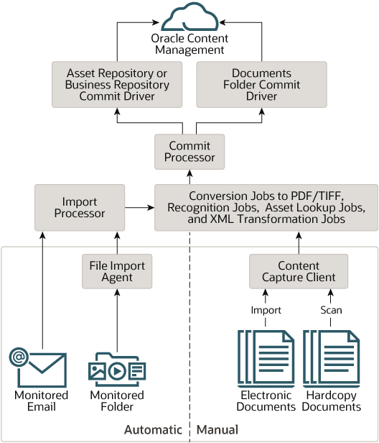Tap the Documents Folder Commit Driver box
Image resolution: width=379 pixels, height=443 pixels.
[x=261, y=85]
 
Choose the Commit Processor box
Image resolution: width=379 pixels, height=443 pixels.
[x=189, y=152]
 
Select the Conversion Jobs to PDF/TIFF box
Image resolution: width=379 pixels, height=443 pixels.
[x=266, y=207]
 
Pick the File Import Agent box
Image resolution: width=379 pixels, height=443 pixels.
[x=116, y=272]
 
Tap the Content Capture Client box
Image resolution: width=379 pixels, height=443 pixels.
[x=299, y=272]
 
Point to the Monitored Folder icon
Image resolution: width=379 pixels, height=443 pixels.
[x=116, y=369]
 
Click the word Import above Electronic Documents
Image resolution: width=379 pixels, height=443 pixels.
[x=266, y=311]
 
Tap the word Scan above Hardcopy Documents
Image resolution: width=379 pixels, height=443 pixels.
[x=331, y=311]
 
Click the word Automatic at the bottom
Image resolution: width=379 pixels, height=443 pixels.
[x=154, y=430]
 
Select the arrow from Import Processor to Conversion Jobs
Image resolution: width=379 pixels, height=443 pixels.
[x=139, y=207]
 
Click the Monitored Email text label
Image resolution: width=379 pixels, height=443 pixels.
[x=42, y=401]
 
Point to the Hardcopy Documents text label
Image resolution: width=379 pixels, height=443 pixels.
[x=331, y=401]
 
